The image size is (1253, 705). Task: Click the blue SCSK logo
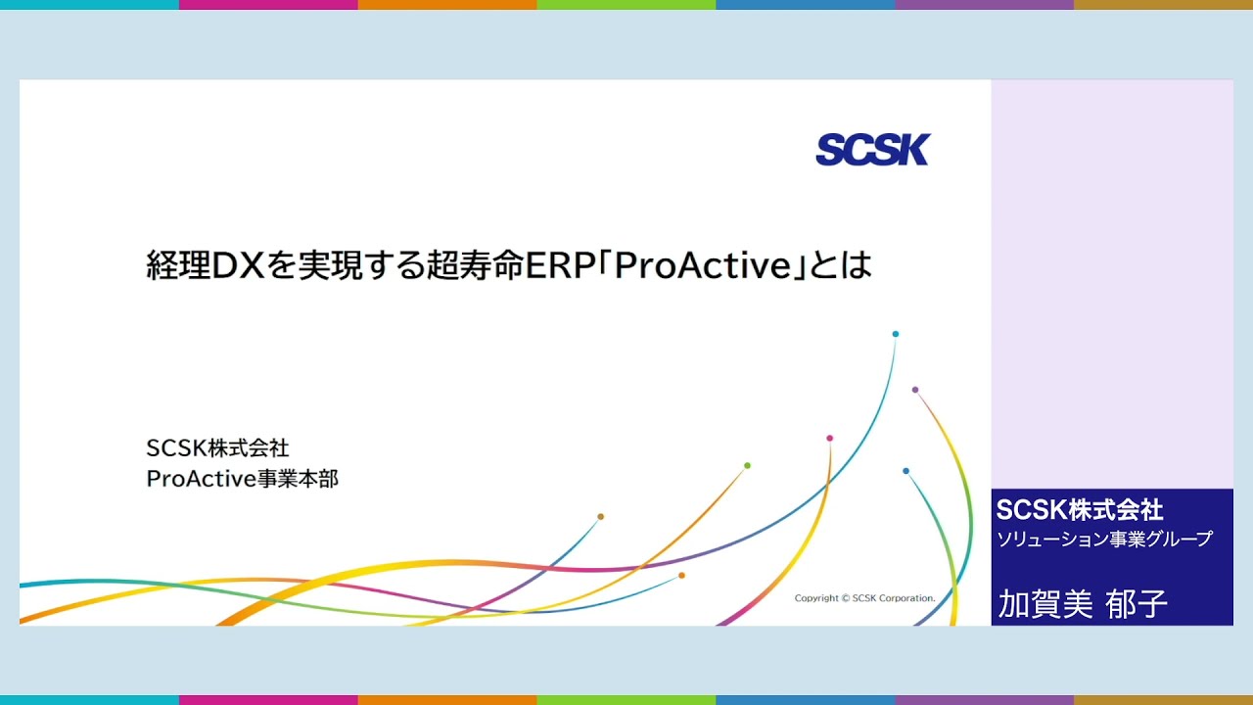point(872,150)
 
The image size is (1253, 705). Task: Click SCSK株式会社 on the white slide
point(217,448)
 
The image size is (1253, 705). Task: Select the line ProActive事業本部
point(242,479)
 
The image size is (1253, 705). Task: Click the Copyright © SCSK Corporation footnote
point(864,598)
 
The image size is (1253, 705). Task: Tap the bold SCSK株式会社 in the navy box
point(1079,509)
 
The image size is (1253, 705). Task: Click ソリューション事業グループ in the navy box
point(1103,539)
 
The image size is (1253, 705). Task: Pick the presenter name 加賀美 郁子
point(1083,604)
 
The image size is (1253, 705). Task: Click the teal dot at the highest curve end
point(895,334)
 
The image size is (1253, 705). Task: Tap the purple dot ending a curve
point(915,390)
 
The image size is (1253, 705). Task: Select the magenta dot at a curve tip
point(829,438)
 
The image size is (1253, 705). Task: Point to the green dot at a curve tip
point(747,465)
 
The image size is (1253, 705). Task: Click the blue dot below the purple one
point(905,471)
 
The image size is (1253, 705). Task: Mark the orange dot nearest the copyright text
point(681,575)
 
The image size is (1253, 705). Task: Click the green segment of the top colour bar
point(626,5)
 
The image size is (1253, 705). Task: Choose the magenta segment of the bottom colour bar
point(268,700)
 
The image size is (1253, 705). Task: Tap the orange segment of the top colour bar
point(446,5)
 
